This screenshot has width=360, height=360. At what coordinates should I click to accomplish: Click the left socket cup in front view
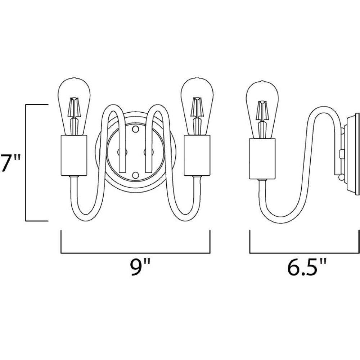pos(74,156)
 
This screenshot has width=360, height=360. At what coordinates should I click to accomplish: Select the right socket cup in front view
pos(197,156)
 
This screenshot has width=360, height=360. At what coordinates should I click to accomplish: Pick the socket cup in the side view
pos(262,159)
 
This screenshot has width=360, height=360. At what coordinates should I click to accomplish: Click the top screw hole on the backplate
pos(135,129)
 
